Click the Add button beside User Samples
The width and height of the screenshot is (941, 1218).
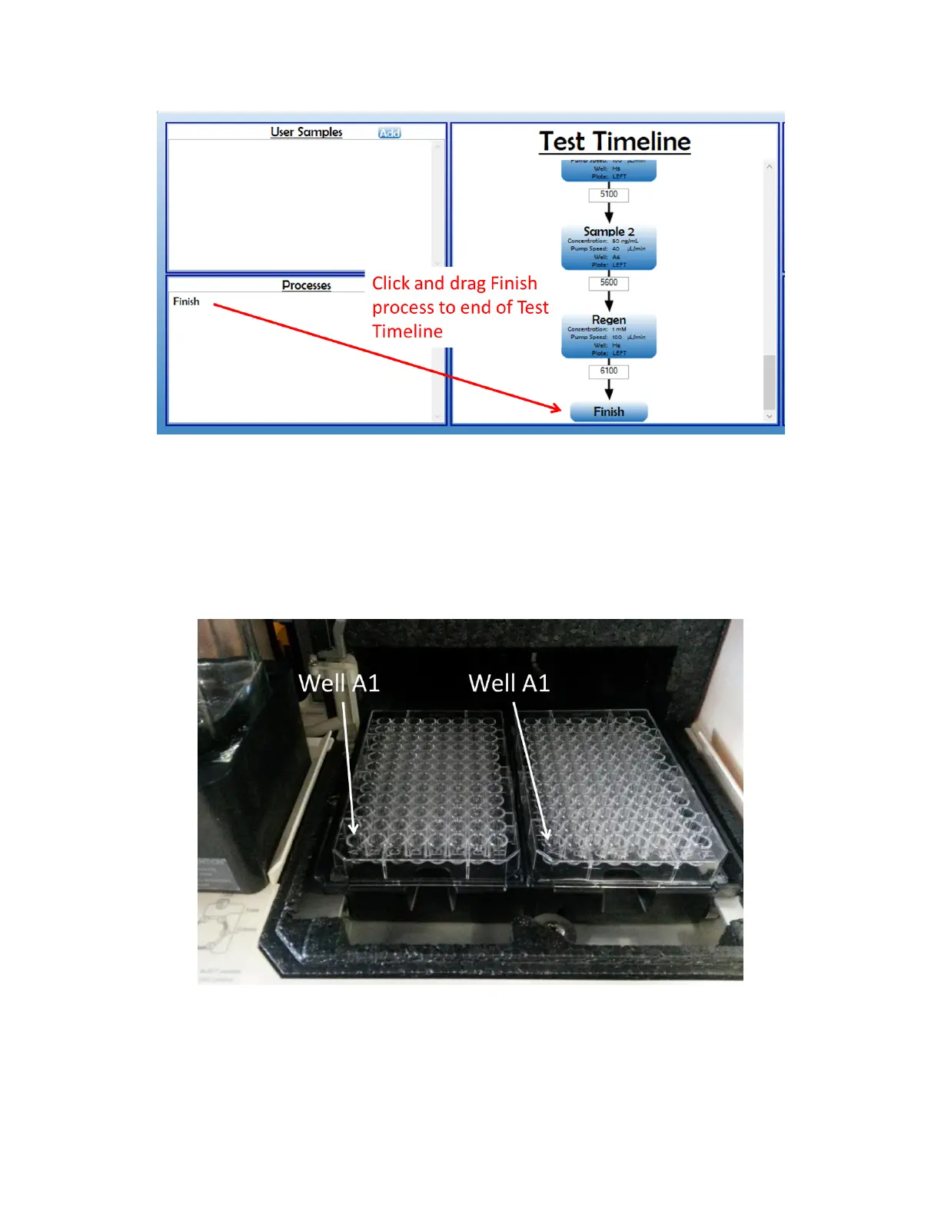[390, 133]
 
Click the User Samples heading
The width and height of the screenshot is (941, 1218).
[306, 132]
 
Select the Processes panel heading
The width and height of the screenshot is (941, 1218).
[306, 285]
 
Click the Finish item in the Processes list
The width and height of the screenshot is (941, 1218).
[186, 301]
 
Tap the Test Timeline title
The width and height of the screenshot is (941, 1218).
[614, 141]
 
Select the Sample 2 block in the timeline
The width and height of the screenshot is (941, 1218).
[609, 247]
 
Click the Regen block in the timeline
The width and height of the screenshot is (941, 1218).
[609, 335]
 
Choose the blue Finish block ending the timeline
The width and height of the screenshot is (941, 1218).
[609, 412]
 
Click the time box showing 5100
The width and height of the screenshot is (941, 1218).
[609, 195]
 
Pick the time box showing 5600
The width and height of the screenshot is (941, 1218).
[609, 283]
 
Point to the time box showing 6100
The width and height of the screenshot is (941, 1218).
[609, 371]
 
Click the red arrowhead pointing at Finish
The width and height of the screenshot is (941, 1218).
[557, 408]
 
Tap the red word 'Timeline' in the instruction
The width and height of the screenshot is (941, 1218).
[407, 331]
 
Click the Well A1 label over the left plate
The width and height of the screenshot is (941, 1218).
[339, 683]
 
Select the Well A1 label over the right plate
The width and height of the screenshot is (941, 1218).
[509, 683]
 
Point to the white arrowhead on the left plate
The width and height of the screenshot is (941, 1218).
[354, 828]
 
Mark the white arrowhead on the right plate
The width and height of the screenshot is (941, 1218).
[547, 834]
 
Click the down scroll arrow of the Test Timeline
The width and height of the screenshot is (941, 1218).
[769, 416]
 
